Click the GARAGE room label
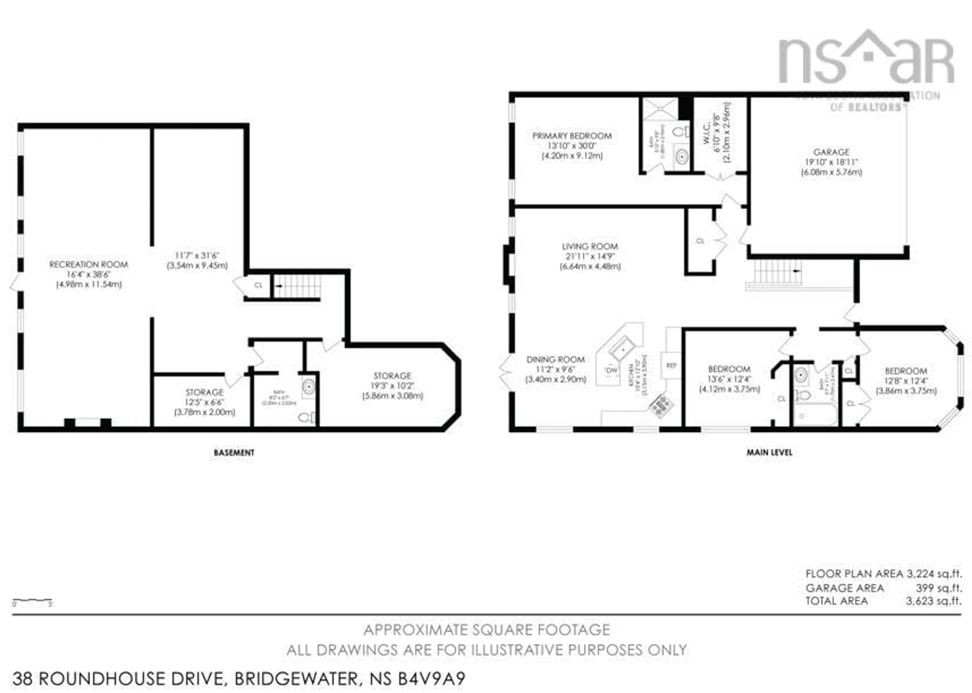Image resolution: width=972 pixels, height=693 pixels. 831,152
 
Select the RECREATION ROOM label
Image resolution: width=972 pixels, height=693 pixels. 89,264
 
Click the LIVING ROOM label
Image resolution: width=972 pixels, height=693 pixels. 590,247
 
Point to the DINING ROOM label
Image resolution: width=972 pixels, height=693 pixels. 555,360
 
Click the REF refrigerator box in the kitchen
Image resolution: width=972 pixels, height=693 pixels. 671,365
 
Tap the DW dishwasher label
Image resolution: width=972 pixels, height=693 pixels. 612,370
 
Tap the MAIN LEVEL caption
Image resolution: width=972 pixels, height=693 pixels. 769,452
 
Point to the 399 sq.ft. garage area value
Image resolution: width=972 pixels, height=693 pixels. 939,588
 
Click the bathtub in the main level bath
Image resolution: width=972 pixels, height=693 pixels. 815,415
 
